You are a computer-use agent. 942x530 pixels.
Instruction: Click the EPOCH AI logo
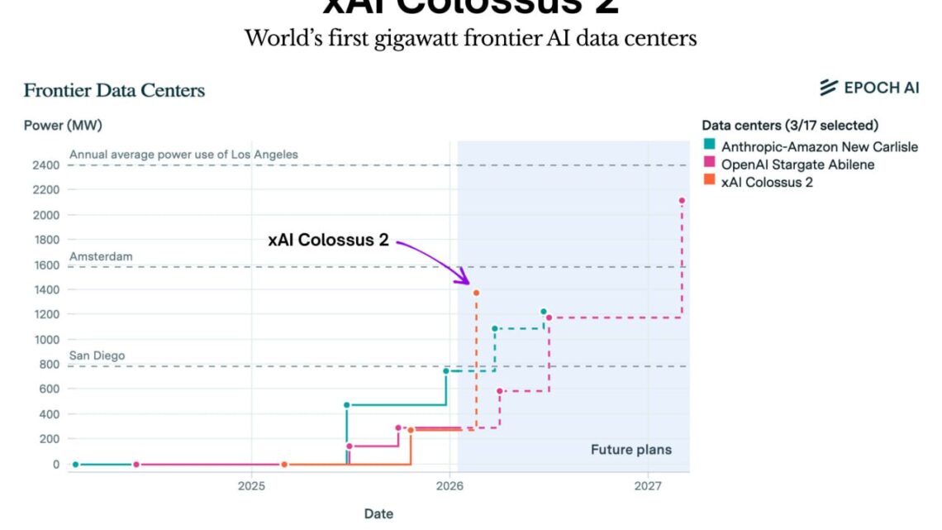tap(869, 88)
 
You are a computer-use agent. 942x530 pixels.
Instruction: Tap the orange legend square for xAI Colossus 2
tap(709, 182)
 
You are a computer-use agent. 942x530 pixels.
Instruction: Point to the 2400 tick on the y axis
tap(46, 165)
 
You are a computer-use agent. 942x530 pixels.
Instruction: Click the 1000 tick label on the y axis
tap(46, 340)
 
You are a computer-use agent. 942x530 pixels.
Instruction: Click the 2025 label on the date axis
tap(251, 486)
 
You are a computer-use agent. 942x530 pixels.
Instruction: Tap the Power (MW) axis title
tap(63, 126)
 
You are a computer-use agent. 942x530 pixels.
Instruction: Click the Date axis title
tap(378, 513)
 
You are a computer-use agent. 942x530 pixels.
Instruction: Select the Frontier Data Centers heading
tap(114, 90)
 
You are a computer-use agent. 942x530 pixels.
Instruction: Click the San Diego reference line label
tap(97, 356)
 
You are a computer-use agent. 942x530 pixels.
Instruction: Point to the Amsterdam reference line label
tap(101, 257)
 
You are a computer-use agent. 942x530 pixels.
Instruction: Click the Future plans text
tap(630, 450)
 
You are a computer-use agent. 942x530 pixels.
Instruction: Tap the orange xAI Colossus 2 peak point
tap(476, 293)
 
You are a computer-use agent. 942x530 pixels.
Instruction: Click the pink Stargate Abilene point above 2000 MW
tap(682, 201)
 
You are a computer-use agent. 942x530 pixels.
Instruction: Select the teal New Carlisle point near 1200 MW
tap(543, 312)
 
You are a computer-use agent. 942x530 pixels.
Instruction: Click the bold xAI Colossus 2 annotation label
tap(328, 240)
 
